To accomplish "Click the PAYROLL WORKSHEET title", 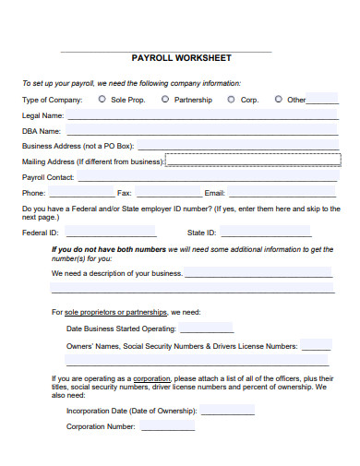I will click(181, 57).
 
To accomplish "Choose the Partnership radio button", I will click(165, 99).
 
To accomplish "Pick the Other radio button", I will click(278, 99).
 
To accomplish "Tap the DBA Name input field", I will click(201, 130).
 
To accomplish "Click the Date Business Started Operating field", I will click(206, 328).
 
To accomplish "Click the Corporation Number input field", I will click(167, 426).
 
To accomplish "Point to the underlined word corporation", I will click(151, 378).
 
